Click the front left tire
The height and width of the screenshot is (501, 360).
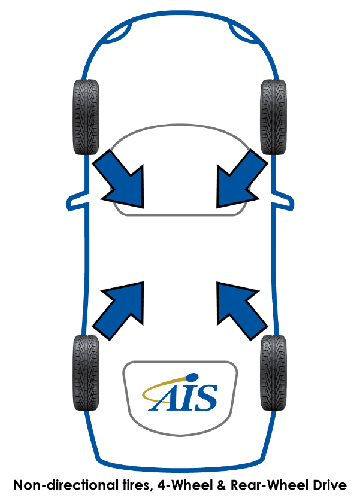tap(86, 117)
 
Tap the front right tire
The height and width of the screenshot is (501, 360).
tap(274, 117)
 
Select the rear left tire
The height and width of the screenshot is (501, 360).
tap(86, 372)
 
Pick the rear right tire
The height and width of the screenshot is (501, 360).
tap(274, 372)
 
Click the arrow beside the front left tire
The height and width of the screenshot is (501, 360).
tap(123, 180)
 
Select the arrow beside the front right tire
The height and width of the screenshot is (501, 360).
tap(238, 180)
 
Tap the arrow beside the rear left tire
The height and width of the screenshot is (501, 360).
tap(123, 308)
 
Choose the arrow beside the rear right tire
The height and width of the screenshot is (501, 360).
tap(238, 308)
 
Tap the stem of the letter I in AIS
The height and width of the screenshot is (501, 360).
tap(187, 398)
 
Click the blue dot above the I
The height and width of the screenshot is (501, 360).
tap(192, 377)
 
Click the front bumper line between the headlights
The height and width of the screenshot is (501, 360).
tap(180, 14)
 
